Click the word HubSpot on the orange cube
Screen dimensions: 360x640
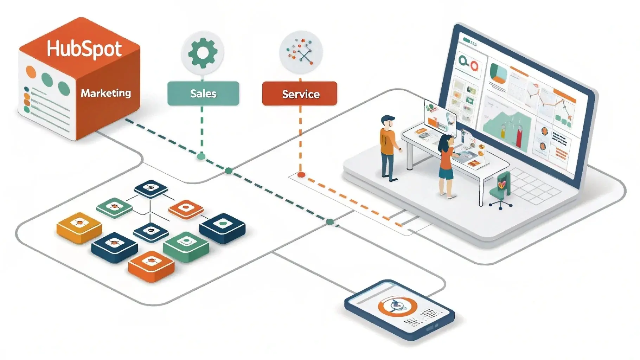pyautogui.click(x=84, y=49)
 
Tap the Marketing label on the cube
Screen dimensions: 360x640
pyautogui.click(x=106, y=93)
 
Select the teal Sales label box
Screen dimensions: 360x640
pyautogui.click(x=203, y=94)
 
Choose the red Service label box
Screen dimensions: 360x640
pyautogui.click(x=300, y=94)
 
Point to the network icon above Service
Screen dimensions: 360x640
pyautogui.click(x=301, y=52)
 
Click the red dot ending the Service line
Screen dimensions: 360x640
pyautogui.click(x=301, y=174)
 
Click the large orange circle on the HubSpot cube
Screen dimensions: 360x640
pyautogui.click(x=31, y=72)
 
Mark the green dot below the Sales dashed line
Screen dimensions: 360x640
pyautogui.click(x=201, y=156)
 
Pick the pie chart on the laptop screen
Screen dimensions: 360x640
pyautogui.click(x=498, y=73)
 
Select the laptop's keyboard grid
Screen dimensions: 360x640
pyautogui.click(x=535, y=186)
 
